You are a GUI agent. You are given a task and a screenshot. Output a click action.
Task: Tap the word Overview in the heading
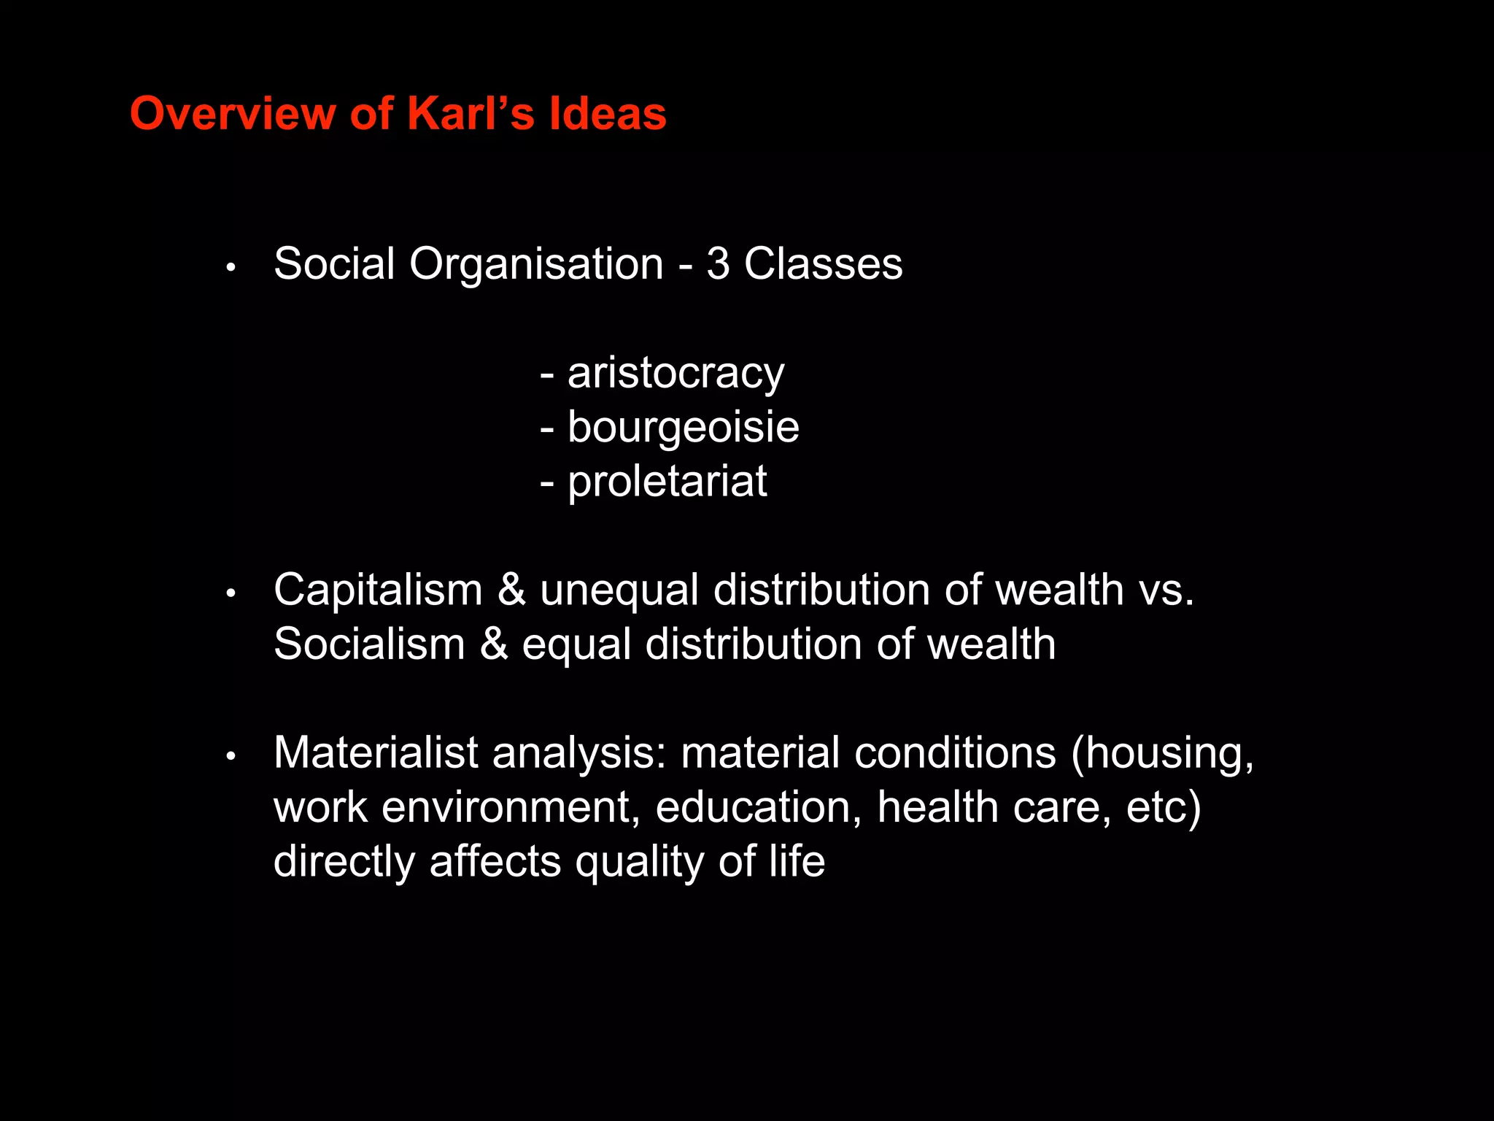click(x=233, y=114)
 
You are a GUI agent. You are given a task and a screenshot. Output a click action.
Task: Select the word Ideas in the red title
click(x=607, y=114)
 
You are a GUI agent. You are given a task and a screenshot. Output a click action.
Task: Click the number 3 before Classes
click(x=718, y=263)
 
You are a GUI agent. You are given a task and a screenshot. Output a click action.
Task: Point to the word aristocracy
click(x=676, y=374)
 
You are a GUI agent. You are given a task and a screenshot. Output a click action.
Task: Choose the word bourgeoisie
click(x=683, y=428)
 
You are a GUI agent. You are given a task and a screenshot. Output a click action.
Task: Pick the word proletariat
click(x=667, y=482)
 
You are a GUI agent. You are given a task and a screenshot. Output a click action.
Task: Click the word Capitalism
click(x=378, y=590)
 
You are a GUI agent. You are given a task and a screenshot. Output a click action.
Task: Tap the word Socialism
click(x=369, y=644)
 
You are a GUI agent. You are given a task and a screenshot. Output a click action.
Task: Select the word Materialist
click(x=376, y=753)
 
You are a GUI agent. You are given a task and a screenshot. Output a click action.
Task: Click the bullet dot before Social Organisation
click(x=231, y=268)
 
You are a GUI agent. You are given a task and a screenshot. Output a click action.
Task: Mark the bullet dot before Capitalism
click(x=231, y=594)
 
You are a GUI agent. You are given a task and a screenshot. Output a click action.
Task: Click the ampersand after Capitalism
click(x=511, y=590)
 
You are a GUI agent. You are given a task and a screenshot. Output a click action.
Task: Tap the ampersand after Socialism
click(x=494, y=644)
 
